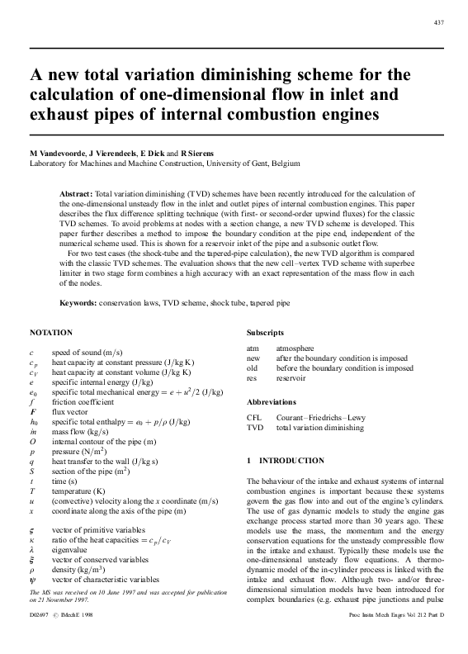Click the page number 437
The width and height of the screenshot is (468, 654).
(x=438, y=21)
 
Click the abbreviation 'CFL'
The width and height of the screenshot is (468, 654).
(x=254, y=418)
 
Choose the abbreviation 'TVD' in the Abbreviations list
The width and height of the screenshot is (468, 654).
(x=255, y=429)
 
